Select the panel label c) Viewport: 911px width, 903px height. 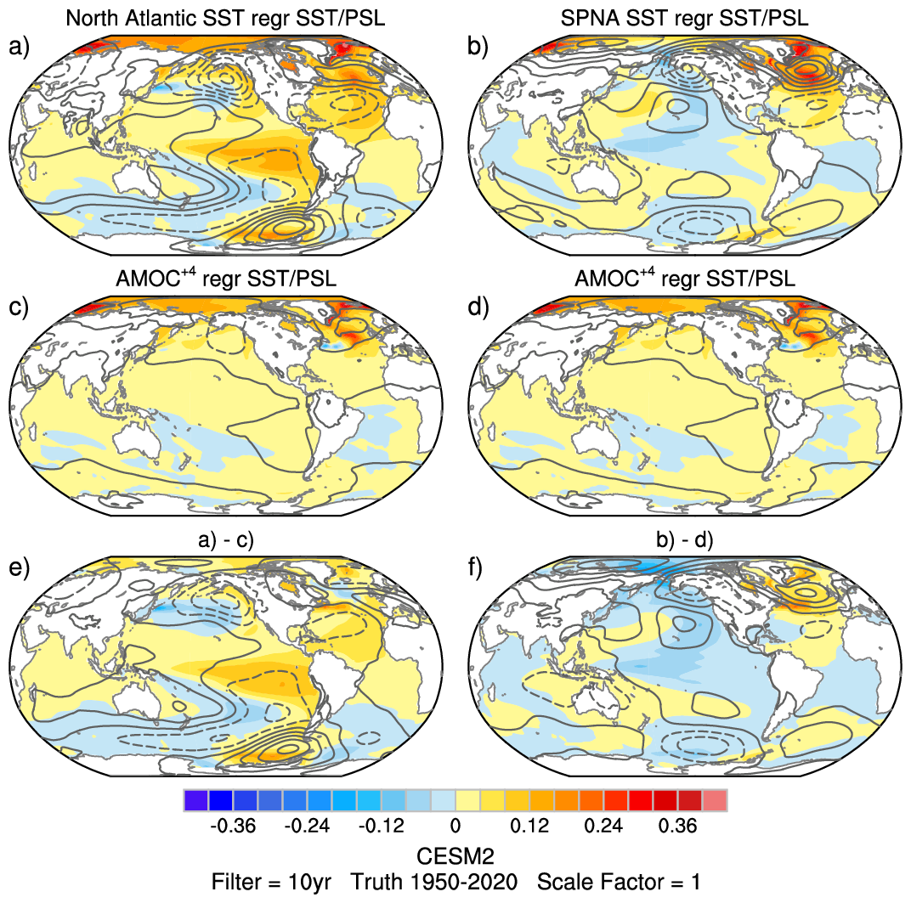click(x=19, y=308)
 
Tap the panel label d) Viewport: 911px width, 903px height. click(x=479, y=308)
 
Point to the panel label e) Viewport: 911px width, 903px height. click(x=19, y=567)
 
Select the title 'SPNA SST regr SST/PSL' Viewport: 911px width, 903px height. click(x=685, y=17)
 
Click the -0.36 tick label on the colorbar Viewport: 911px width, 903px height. click(x=233, y=826)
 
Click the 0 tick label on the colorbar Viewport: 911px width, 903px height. click(x=455, y=826)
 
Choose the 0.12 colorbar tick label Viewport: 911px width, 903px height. click(x=530, y=826)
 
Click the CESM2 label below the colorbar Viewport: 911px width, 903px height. click(x=455, y=853)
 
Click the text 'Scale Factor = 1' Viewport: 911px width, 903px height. click(x=619, y=882)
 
